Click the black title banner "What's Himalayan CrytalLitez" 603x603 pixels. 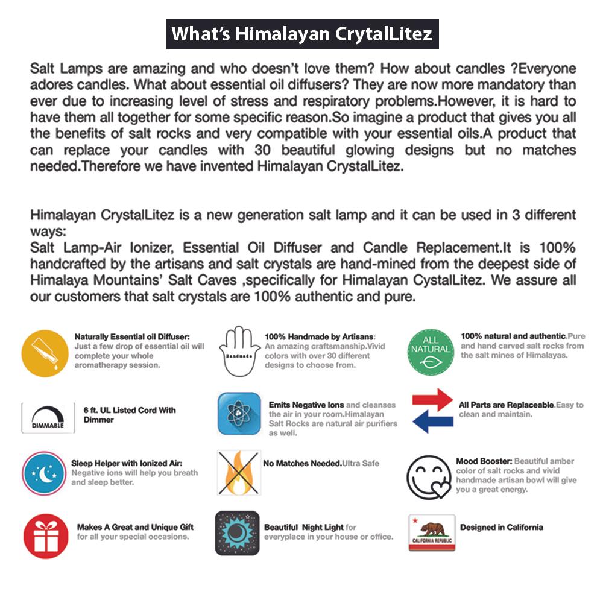[301, 34]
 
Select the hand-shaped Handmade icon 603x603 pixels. [239, 353]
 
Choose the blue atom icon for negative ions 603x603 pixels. [239, 414]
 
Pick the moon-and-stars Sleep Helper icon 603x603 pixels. [43, 474]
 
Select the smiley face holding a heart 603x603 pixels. [428, 476]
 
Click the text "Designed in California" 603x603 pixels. [501, 528]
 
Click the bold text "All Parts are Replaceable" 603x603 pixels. [507, 405]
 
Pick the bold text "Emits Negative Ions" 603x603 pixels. [306, 405]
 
